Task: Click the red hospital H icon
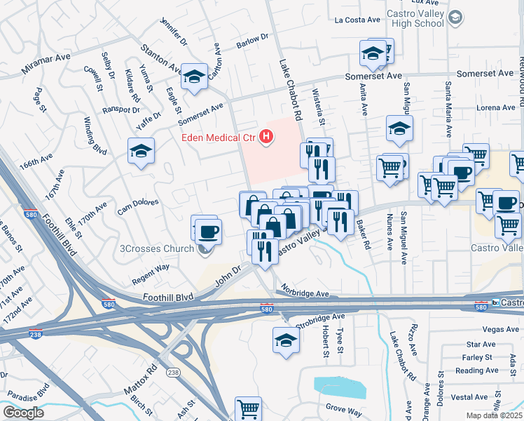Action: (266, 137)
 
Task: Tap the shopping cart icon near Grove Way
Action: (248, 408)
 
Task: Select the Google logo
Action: (22, 413)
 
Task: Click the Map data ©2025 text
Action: (491, 415)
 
